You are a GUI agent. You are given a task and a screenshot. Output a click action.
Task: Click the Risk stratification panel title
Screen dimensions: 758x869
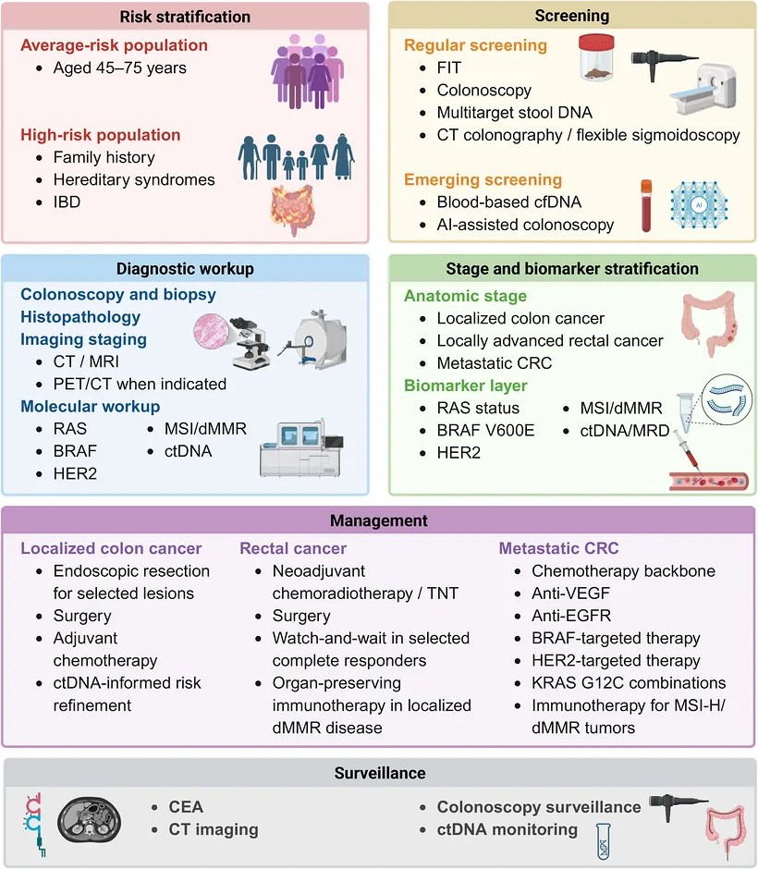pyautogui.click(x=185, y=17)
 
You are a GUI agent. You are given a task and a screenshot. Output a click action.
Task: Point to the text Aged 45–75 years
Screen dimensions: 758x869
pyautogui.click(x=119, y=67)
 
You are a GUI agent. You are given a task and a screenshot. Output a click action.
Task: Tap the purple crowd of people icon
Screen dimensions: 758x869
pyautogui.click(x=308, y=71)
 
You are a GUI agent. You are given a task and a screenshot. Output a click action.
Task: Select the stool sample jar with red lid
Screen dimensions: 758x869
pyautogui.click(x=596, y=56)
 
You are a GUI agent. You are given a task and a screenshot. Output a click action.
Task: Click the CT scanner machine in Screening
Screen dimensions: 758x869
pyautogui.click(x=704, y=90)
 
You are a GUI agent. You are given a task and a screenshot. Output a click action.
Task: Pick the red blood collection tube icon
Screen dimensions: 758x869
pyautogui.click(x=646, y=205)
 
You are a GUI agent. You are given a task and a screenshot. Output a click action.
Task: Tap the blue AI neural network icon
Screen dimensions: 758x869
pyautogui.click(x=699, y=205)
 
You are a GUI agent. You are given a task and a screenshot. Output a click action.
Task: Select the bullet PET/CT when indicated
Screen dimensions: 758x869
pyautogui.click(x=140, y=384)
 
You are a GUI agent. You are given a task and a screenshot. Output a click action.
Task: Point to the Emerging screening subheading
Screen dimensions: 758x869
pyautogui.click(x=483, y=179)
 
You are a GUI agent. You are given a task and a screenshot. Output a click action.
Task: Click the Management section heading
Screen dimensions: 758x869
pyautogui.click(x=379, y=520)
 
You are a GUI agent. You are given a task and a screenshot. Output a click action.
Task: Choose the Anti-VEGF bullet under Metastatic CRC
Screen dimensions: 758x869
pyautogui.click(x=570, y=593)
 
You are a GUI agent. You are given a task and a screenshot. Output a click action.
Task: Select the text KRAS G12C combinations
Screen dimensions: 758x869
pyautogui.click(x=629, y=683)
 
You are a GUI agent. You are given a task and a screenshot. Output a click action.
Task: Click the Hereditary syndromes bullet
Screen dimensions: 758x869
pyautogui.click(x=134, y=179)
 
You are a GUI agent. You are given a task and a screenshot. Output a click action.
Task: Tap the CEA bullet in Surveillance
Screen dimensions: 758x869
pyautogui.click(x=186, y=807)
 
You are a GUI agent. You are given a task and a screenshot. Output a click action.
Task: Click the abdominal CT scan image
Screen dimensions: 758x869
pyautogui.click(x=90, y=820)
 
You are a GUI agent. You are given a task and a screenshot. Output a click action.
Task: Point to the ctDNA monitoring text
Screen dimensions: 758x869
pyautogui.click(x=507, y=829)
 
